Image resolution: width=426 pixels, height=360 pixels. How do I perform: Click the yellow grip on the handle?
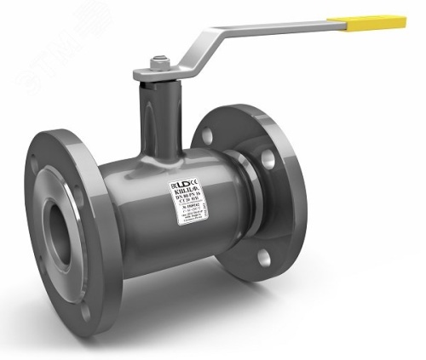tap(374, 21)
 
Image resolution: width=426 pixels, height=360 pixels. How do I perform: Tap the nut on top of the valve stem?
tap(158, 61)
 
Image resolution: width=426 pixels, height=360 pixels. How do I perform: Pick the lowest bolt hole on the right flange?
tap(264, 256)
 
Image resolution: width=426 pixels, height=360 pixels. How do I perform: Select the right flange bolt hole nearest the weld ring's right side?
tap(268, 158)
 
